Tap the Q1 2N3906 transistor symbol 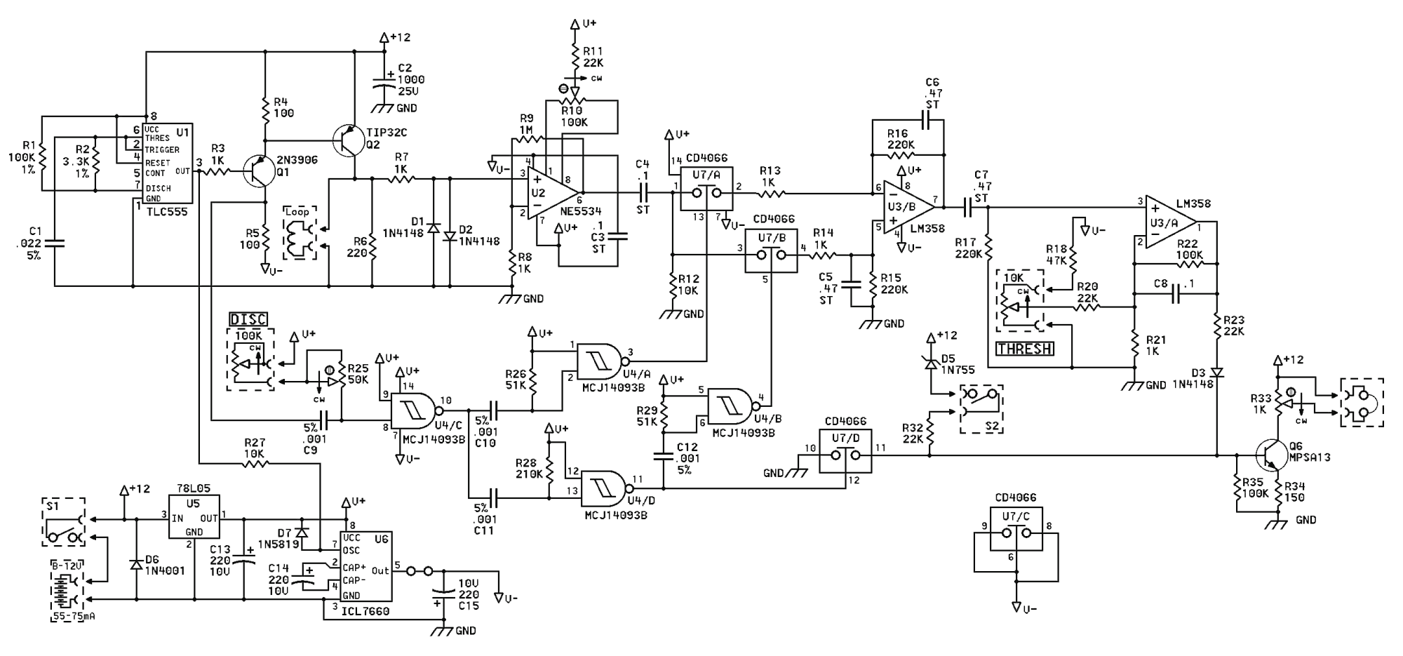click(x=257, y=170)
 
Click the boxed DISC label click(x=248, y=319)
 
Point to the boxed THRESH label click(x=1024, y=348)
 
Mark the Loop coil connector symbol click(x=300, y=232)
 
